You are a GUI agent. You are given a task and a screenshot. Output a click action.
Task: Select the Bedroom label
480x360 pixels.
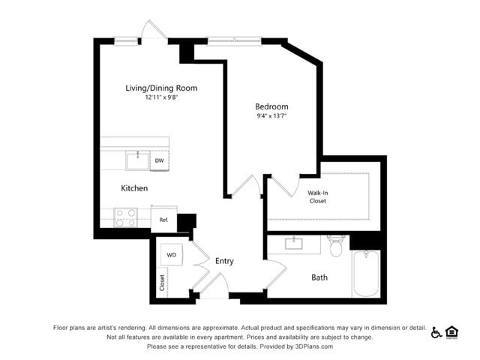(271, 106)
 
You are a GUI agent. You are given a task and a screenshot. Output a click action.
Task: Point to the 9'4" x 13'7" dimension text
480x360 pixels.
(271, 115)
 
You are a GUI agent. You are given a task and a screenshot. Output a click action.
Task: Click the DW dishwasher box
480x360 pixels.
(160, 160)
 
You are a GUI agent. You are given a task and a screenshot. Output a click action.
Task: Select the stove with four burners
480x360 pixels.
(125, 217)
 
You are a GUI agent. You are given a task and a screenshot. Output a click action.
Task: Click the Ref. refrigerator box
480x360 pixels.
(163, 219)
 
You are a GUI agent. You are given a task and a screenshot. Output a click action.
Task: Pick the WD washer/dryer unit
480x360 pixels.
(172, 255)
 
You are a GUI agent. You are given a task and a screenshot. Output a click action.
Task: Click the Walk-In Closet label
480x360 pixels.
(317, 196)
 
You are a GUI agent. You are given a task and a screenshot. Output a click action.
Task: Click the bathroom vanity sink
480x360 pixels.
(293, 244)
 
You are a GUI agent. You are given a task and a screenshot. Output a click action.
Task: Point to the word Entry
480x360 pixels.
(224, 261)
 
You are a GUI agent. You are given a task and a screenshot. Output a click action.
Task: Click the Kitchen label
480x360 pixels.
(134, 188)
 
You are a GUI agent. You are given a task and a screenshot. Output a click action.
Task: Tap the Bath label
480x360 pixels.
(319, 277)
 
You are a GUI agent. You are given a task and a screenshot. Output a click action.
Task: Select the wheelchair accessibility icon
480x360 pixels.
(436, 332)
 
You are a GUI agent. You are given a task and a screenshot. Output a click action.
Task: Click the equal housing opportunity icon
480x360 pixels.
(451, 332)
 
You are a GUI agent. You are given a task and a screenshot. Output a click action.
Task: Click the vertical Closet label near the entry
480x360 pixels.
(162, 282)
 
